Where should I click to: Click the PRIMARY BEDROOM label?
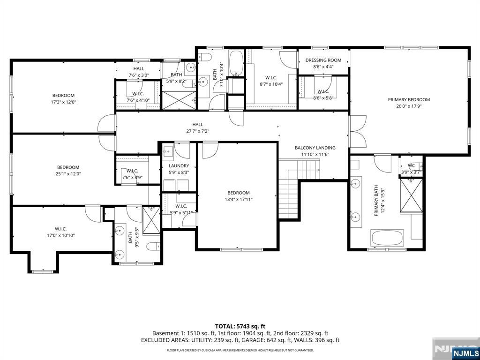point(408,99)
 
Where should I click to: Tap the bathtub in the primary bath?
point(387,238)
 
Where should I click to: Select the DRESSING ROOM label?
point(323,60)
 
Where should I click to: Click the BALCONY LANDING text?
point(315,148)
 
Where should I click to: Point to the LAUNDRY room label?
point(179,165)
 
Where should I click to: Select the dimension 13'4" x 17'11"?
point(238,200)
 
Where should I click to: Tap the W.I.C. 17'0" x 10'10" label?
point(61,232)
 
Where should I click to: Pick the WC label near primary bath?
point(411,165)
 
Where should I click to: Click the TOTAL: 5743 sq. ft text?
point(240,326)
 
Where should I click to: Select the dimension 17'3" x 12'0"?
point(63,102)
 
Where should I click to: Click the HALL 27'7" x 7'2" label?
point(197,127)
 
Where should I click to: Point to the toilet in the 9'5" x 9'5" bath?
point(152,247)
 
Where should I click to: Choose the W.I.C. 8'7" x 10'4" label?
point(271,81)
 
